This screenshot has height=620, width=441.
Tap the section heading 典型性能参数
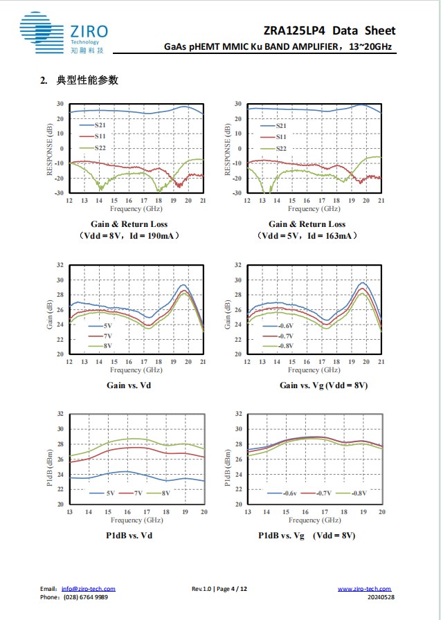[x=89, y=81]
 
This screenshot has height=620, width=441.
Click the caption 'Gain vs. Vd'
[x=129, y=385]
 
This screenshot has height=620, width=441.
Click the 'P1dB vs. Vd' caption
[x=129, y=536]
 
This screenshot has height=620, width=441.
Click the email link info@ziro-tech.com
[x=88, y=589]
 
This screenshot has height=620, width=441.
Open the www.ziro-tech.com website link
[x=364, y=589]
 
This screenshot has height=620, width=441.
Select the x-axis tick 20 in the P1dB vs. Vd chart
[x=204, y=511]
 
